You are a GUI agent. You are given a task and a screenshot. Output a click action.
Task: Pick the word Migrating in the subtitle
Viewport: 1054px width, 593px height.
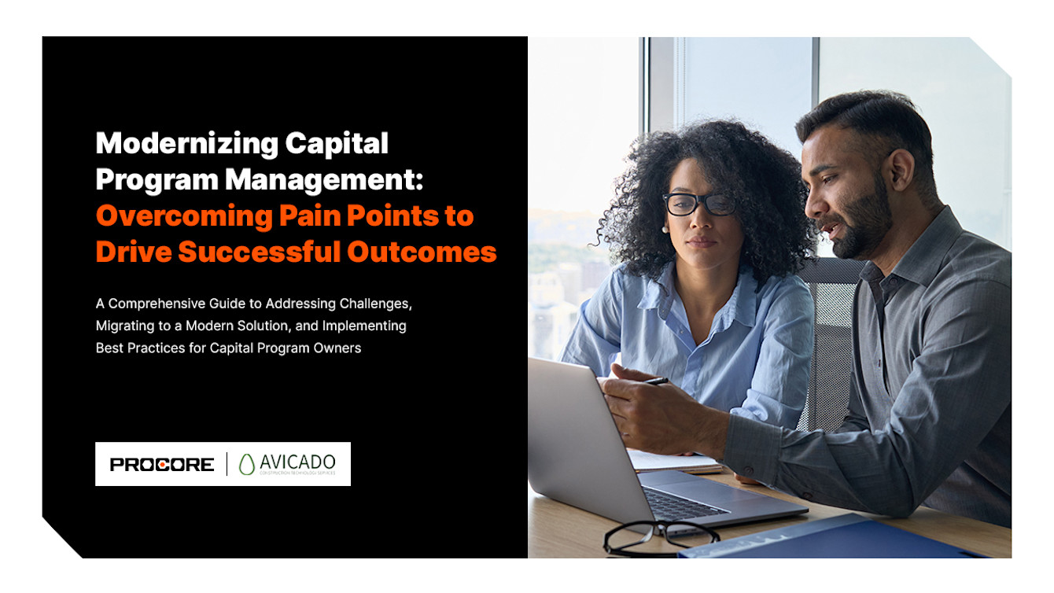[125, 326]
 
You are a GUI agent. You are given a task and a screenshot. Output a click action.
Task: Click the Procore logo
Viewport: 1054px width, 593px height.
[162, 465]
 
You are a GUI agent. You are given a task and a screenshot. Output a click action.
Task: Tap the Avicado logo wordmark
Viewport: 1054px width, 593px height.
[298, 462]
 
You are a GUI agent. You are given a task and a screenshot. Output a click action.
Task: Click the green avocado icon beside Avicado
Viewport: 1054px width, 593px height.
[247, 465]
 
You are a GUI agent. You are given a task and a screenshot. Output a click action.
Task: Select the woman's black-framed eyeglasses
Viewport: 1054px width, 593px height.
[699, 204]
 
